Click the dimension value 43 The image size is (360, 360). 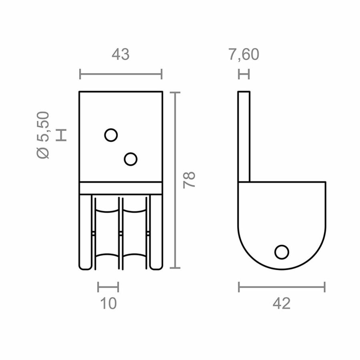120,55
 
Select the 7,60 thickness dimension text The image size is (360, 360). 244,55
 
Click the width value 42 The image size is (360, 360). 282,304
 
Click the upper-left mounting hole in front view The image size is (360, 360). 111,135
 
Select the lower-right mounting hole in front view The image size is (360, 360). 130,159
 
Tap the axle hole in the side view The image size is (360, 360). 282,252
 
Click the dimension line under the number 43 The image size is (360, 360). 120,74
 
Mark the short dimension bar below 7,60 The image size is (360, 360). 244,74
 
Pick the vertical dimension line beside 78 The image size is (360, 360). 175,180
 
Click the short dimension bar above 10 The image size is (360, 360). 108,286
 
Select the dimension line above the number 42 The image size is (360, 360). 282,286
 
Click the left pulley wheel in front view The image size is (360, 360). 106,232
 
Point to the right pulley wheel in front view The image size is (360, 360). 135,232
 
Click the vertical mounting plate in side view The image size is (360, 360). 244,136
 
